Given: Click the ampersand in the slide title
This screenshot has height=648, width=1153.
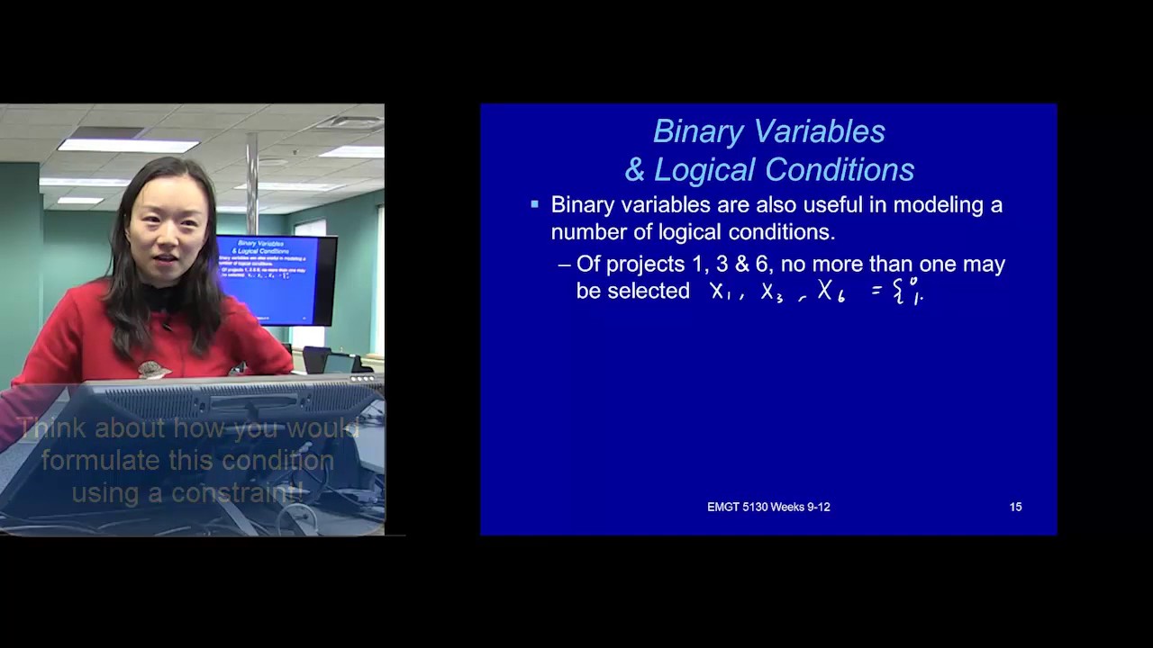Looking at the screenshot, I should pyautogui.click(x=635, y=170).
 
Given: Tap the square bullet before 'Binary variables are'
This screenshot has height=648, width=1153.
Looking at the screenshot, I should pyautogui.click(x=534, y=205).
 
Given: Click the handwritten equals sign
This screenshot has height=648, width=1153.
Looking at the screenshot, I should pyautogui.click(x=876, y=292).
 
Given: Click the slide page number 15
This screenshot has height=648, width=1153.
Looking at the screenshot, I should pyautogui.click(x=1015, y=508).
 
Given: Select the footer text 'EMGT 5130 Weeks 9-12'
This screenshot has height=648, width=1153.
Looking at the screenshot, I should pyautogui.click(x=768, y=508).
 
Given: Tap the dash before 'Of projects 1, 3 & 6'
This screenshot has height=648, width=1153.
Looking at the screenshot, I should pyautogui.click(x=565, y=265).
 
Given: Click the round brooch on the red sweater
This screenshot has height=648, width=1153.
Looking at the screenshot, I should pyautogui.click(x=153, y=369).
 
